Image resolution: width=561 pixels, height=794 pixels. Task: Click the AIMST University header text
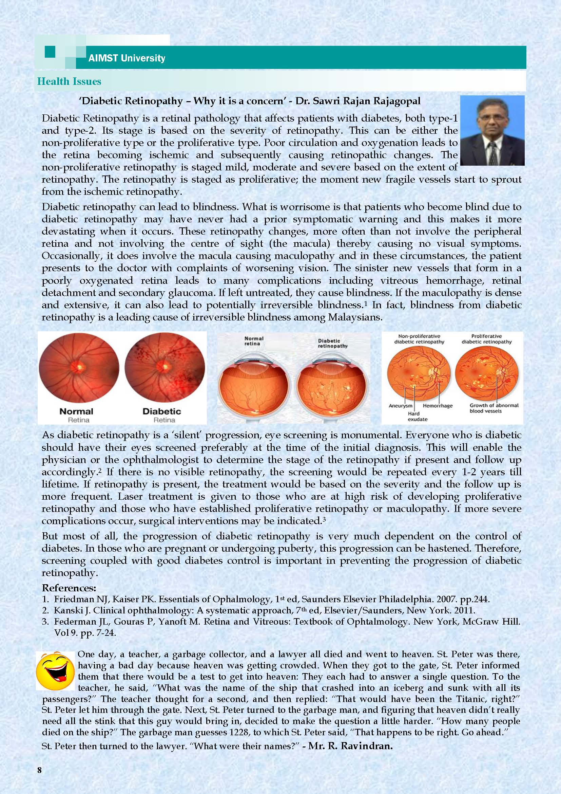coord(127,58)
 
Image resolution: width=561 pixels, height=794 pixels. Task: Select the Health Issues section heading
coord(69,81)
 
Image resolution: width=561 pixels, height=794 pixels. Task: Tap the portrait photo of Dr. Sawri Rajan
coord(492,130)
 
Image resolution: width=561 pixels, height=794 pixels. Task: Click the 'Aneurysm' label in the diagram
coord(400,406)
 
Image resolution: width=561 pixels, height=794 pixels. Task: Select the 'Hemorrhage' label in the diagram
coord(437,406)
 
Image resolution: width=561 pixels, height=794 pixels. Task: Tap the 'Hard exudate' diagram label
coord(418,417)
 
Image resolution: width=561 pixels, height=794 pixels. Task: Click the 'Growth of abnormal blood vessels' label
coord(494,408)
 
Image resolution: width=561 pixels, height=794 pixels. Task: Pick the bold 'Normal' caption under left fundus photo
coord(76,411)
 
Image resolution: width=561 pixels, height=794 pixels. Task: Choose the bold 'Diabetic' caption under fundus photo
coord(162,411)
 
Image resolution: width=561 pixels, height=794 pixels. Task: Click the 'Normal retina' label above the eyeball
coord(254,341)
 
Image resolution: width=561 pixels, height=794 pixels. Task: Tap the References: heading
coord(69,588)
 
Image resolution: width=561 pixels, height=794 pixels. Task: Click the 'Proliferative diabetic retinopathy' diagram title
coord(486,339)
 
